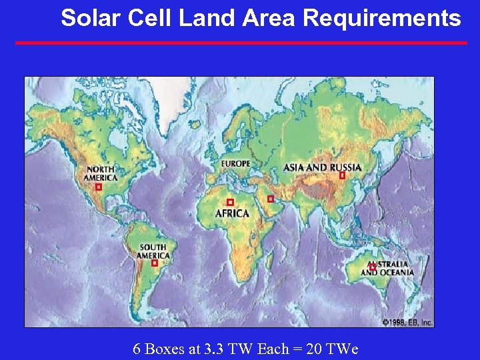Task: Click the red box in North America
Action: click(99, 187)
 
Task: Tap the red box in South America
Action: click(155, 263)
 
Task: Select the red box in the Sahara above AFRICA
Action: click(230, 202)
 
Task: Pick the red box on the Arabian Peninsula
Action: click(270, 199)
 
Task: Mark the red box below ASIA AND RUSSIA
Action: click(342, 176)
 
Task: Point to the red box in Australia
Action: click(372, 266)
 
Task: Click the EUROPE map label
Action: click(236, 163)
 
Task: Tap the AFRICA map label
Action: click(232, 214)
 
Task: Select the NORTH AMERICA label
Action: click(100, 173)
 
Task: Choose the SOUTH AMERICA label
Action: click(153, 251)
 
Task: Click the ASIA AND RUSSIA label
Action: click(322, 167)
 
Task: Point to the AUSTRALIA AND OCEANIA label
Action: click(388, 269)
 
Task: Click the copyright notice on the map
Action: click(407, 323)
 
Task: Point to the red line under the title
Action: click(241, 43)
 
